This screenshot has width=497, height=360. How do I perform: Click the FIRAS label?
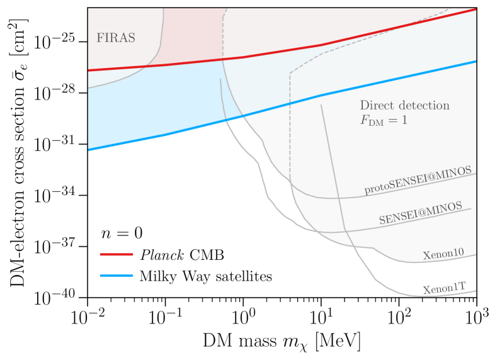[116, 37]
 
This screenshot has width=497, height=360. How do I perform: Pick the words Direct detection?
[404, 105]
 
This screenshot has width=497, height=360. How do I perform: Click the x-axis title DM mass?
[282, 342]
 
